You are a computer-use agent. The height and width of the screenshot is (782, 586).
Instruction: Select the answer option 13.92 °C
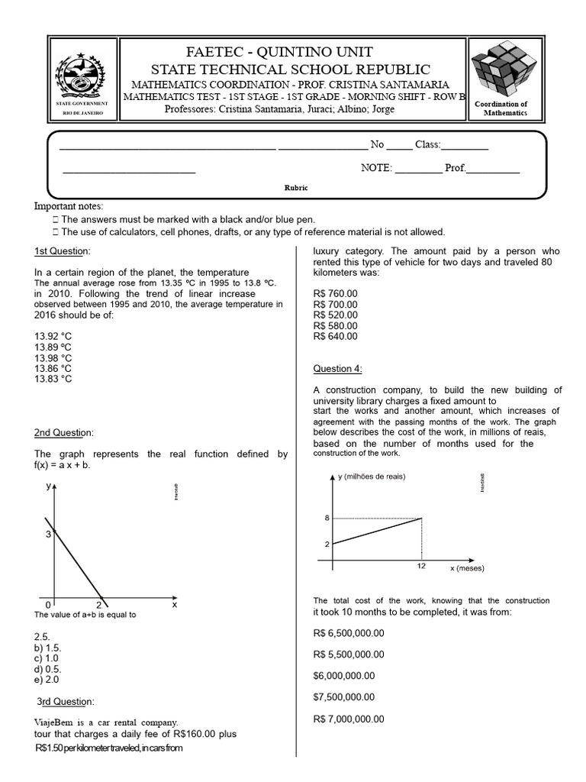[x=53, y=334]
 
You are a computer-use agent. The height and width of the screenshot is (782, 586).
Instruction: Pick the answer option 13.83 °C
[x=53, y=379]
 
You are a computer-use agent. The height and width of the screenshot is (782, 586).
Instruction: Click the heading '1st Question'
[x=62, y=252]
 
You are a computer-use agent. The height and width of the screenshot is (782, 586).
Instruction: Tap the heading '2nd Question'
[x=63, y=433]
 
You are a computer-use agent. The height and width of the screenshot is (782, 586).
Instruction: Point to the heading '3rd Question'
[x=66, y=701]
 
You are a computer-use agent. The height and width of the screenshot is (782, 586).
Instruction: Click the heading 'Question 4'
[x=337, y=369]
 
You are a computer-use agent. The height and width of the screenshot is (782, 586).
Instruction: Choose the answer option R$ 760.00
[x=335, y=292]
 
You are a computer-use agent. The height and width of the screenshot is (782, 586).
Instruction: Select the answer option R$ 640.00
[x=335, y=335]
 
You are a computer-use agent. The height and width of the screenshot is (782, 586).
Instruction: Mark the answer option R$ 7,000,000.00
[x=349, y=719]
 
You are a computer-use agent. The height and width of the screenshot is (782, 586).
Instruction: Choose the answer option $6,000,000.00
[x=344, y=675]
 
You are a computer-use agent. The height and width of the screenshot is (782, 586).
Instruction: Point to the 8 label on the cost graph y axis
[x=327, y=519]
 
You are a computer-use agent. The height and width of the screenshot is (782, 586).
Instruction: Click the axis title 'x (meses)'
[x=466, y=569]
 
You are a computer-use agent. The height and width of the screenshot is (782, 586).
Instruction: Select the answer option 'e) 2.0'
[x=47, y=679]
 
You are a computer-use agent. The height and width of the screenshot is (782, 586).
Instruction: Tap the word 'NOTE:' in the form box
[x=376, y=168]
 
